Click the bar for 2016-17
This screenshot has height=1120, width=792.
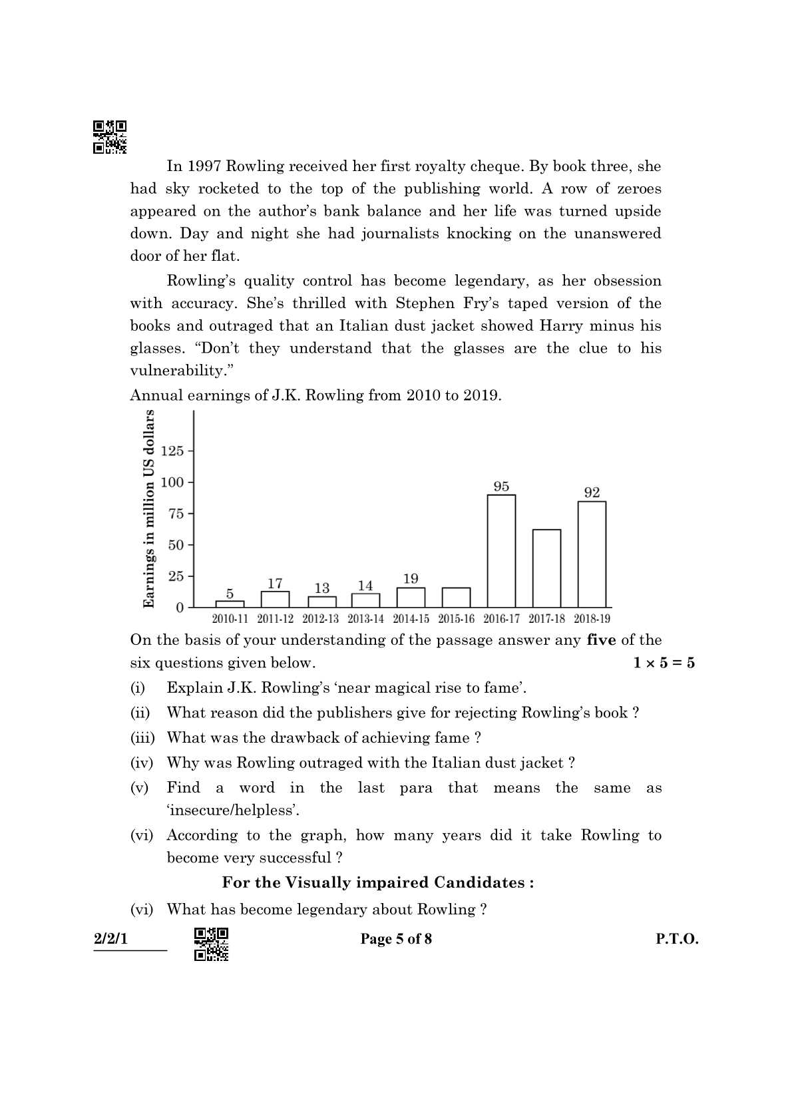click(x=501, y=550)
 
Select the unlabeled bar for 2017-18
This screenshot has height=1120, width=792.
click(x=546, y=568)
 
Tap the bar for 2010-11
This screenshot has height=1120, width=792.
click(x=230, y=604)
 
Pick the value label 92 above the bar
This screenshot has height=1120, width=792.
click(x=592, y=492)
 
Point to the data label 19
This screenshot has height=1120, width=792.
click(x=411, y=578)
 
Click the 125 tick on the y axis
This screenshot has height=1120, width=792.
click(x=172, y=451)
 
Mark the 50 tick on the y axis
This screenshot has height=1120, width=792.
click(x=175, y=545)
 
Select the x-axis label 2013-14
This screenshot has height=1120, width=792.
click(x=365, y=619)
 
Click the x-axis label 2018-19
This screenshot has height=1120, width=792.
click(x=592, y=619)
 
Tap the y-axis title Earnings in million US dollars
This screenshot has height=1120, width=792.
click(x=149, y=508)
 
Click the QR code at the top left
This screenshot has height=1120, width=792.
click(x=110, y=136)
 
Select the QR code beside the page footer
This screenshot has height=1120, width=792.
click(x=211, y=944)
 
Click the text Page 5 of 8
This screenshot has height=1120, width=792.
click(x=396, y=939)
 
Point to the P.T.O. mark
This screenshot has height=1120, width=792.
click(x=677, y=939)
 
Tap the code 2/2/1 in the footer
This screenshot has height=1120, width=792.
click(x=110, y=939)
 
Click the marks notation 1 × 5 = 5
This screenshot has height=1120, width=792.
click(x=664, y=663)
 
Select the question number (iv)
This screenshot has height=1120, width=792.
click(x=141, y=763)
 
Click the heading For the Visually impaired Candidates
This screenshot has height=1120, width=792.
click(x=377, y=882)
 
